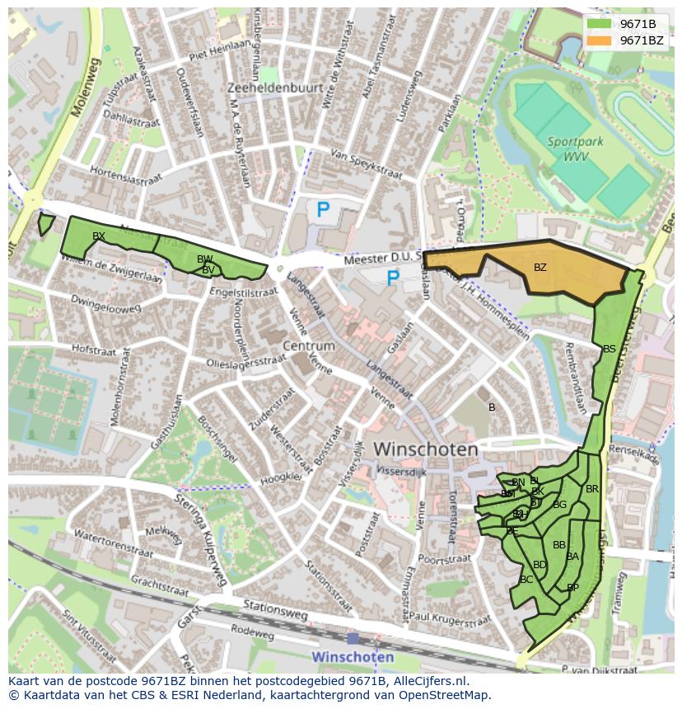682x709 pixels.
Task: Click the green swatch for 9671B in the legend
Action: coord(599,24)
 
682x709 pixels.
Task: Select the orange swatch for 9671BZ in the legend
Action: coord(599,40)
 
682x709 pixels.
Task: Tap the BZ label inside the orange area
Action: coord(540,268)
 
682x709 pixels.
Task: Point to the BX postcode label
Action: coord(99,236)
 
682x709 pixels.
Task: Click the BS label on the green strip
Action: coord(609,349)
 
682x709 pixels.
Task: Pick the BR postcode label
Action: coord(591,489)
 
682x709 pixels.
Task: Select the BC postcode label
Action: coord(526,580)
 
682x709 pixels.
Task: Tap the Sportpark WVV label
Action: coord(575,149)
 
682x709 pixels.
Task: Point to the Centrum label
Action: coord(308,346)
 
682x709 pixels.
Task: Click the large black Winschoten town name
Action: coord(426,450)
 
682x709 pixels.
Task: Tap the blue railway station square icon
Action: coord(353,638)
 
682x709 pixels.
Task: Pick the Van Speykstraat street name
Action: coord(366,165)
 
